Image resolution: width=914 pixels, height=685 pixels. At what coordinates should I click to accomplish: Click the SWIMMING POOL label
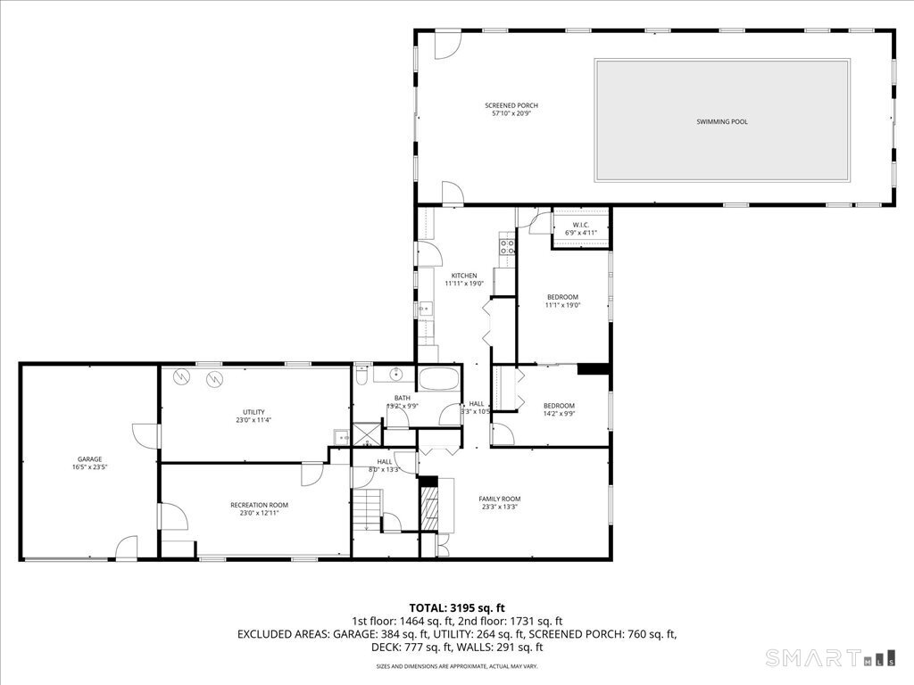tap(722, 121)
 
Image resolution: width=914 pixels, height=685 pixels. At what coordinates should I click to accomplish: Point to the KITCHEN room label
tap(464, 276)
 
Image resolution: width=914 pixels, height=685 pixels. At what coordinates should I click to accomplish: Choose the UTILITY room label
tap(253, 412)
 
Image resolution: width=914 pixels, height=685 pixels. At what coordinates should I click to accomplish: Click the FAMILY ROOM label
tap(499, 499)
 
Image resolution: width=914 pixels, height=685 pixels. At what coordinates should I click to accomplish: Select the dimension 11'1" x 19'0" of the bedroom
tap(562, 305)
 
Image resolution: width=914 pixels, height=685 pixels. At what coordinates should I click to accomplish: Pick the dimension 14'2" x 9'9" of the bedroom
tap(559, 414)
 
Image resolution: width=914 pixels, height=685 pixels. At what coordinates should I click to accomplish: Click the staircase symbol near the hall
tap(367, 514)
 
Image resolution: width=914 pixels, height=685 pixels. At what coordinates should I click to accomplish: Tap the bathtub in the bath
tap(439, 379)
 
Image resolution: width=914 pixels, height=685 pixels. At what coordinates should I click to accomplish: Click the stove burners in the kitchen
tap(506, 245)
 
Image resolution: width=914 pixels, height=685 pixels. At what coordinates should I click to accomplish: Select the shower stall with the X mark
tap(367, 434)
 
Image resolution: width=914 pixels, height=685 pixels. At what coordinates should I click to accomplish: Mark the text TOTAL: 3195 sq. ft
tap(456, 608)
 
